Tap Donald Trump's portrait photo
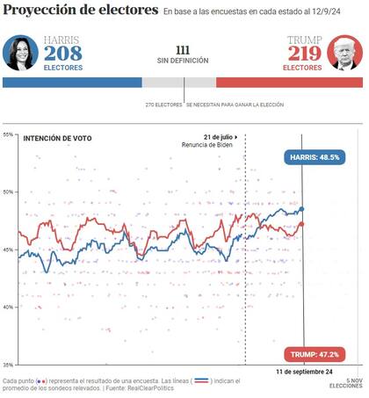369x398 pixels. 344,54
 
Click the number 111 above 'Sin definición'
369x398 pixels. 183,49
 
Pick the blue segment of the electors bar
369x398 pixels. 72,83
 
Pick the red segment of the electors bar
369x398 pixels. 289,83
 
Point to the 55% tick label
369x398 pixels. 8,134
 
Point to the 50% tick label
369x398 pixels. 8,192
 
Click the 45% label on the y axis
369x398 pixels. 8,250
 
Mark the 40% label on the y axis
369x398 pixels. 8,307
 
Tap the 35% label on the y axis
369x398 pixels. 8,364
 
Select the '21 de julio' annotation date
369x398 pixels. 219,137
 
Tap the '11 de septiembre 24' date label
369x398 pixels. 303,372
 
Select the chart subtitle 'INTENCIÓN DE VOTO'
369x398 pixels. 58,139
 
